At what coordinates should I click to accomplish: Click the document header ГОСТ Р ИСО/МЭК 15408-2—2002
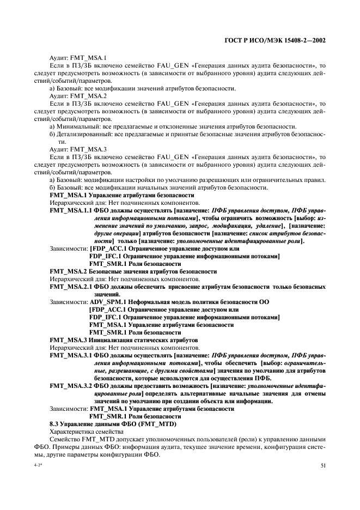click(281, 40)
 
